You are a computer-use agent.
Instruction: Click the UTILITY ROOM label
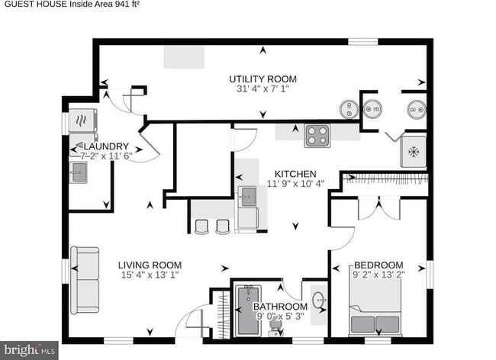click(x=263, y=79)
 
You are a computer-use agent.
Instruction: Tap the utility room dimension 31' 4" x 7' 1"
click(x=263, y=89)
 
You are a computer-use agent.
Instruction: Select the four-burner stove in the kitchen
click(x=317, y=136)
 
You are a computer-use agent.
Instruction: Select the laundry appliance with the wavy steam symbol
click(x=81, y=121)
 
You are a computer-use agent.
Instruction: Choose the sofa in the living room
click(x=85, y=280)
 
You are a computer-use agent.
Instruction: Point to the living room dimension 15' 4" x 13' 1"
click(x=150, y=276)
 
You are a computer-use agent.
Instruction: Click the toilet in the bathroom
click(x=276, y=327)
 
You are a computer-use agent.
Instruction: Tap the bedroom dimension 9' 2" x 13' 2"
click(x=378, y=276)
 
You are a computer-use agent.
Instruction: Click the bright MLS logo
click(x=29, y=350)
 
